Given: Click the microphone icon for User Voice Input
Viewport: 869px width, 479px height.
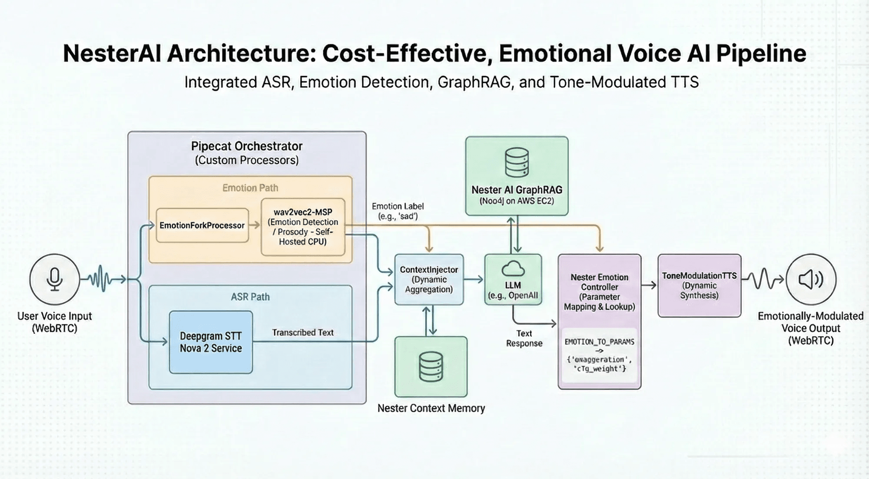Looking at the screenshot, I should point(55,279).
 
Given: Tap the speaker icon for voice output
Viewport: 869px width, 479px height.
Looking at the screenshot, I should point(811,279).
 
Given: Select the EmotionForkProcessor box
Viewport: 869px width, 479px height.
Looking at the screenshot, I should point(202,225).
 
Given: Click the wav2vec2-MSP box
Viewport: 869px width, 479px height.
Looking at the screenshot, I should point(303,227).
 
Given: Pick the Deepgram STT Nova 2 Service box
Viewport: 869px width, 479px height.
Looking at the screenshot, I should point(211,342).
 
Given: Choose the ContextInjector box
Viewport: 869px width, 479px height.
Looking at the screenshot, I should point(429,279).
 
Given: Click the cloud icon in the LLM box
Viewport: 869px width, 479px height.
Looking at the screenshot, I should point(513,269).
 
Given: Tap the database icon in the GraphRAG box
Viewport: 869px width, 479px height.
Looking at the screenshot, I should point(517,162).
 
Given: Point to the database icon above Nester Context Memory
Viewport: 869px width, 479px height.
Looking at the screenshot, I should point(431,367).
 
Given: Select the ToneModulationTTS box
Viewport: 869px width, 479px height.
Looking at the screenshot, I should point(699,285).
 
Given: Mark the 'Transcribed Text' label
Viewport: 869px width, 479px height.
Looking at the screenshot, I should point(303,333).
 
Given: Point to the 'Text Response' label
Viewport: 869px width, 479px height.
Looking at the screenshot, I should point(524,338).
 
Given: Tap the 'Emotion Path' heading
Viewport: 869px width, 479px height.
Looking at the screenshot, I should point(250,188).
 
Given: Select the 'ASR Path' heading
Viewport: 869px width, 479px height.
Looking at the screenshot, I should point(250,297).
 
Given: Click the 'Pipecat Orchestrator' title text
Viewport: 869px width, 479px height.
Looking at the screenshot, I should point(247,146).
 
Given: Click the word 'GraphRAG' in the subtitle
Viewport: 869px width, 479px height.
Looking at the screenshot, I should point(474,83).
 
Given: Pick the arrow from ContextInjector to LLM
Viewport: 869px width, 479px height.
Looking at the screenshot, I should point(474,279).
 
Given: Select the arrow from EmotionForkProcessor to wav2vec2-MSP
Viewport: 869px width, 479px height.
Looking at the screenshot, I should point(255,225).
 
